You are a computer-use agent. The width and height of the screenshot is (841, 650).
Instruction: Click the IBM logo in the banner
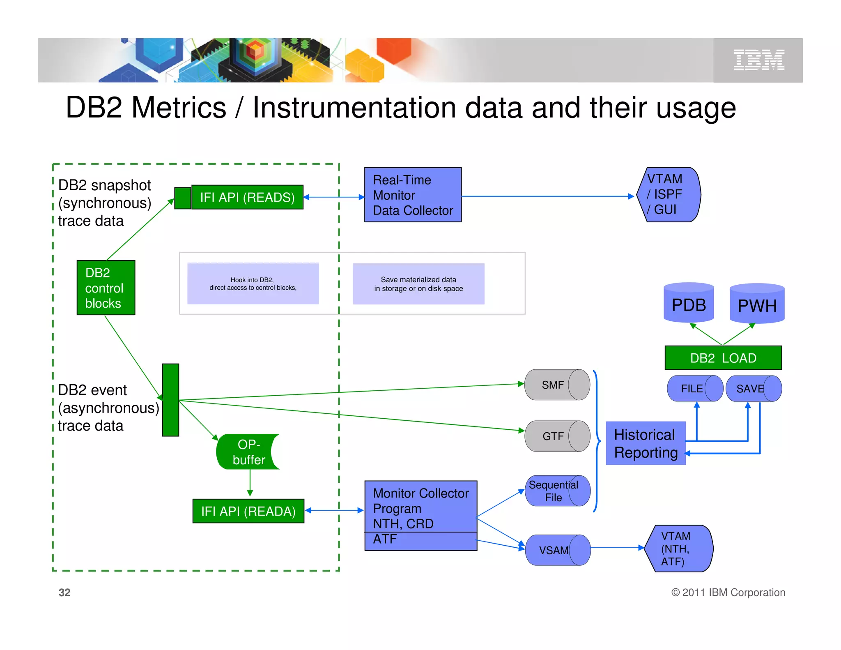click(758, 60)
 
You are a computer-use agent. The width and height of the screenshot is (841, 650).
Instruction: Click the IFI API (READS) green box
click(247, 197)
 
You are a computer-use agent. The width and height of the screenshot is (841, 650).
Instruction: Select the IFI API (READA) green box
click(248, 511)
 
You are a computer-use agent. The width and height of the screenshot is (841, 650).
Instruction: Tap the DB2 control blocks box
click(106, 288)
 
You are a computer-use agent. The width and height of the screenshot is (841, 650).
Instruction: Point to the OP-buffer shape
click(248, 452)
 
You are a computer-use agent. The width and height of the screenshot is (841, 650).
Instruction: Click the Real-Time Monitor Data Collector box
click(413, 195)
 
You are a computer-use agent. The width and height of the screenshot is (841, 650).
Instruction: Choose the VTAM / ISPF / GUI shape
click(668, 194)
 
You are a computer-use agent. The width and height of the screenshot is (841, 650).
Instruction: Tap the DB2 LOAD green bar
click(723, 358)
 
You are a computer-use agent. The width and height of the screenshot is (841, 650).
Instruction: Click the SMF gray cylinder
click(557, 385)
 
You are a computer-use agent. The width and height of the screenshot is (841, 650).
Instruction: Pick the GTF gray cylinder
click(557, 436)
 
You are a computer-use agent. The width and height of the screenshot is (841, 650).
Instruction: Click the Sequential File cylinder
click(557, 491)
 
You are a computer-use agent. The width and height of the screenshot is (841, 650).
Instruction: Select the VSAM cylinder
click(557, 550)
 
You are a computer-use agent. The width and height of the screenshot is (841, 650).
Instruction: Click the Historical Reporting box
click(646, 443)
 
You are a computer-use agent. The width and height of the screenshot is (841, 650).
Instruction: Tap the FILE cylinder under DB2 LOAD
click(695, 388)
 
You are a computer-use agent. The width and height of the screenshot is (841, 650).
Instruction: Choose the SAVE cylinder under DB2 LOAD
click(753, 388)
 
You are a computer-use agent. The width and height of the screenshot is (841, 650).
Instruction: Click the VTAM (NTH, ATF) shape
click(678, 549)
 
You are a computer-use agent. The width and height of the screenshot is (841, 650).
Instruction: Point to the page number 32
click(64, 592)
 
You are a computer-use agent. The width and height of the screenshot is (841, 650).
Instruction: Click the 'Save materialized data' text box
click(418, 284)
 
